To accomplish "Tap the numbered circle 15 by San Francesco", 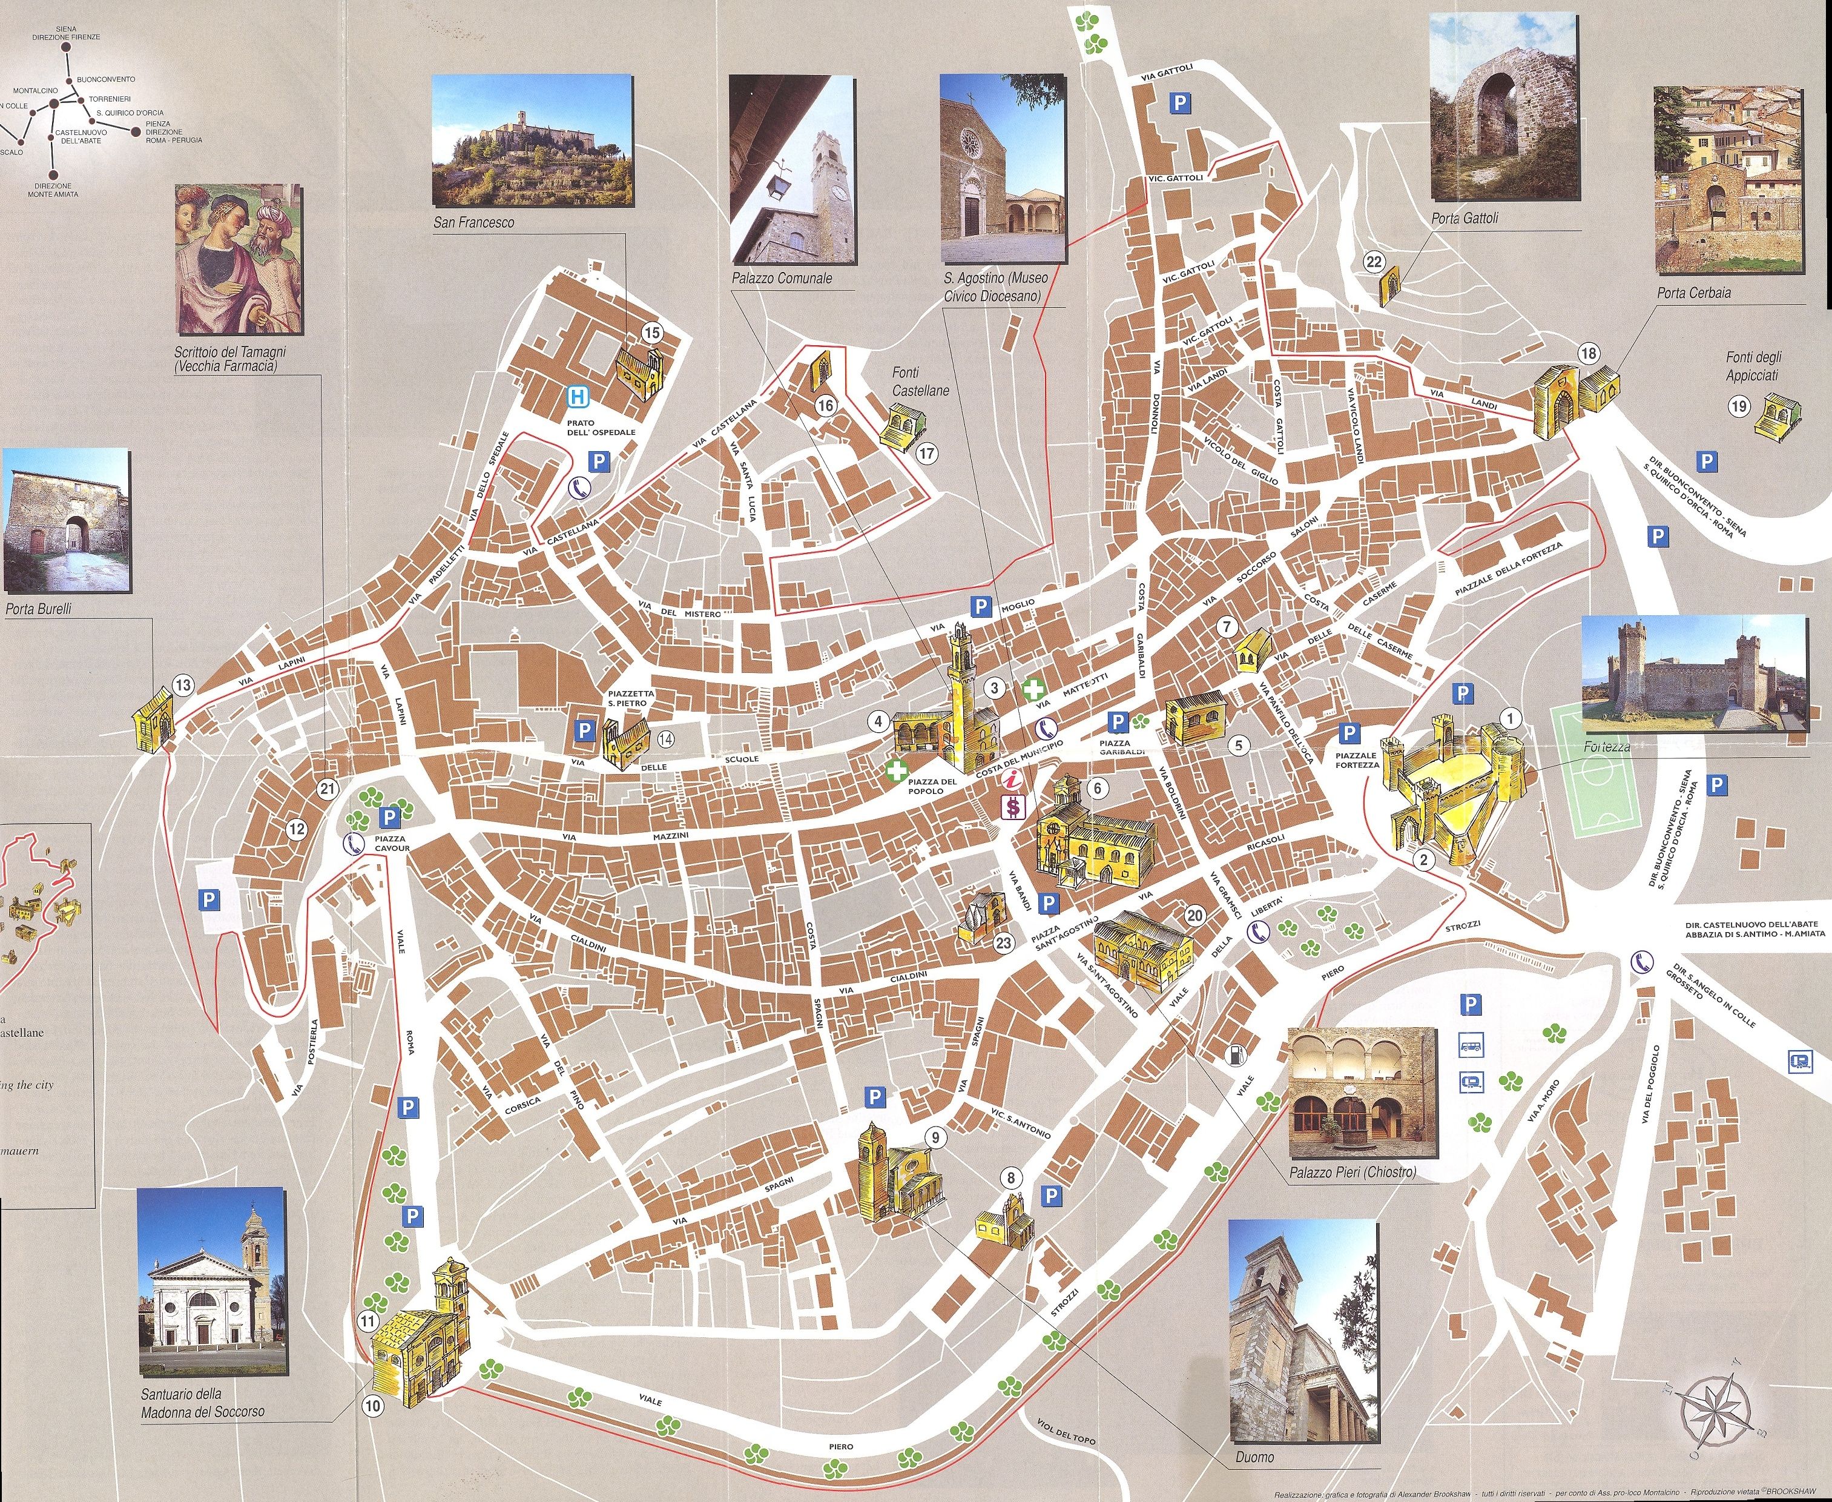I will click(651, 332).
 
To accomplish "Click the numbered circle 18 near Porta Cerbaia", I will click(1588, 353).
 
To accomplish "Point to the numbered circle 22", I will click(1374, 261).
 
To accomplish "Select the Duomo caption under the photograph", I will click(1255, 1457).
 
